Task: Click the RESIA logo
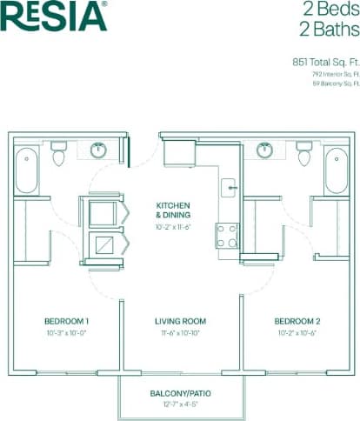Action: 54,17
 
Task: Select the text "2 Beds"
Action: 331,10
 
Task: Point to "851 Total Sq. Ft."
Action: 326,63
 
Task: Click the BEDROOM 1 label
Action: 68,321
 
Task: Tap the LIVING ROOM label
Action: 180,321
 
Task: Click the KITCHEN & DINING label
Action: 173,210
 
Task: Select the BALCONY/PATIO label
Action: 180,393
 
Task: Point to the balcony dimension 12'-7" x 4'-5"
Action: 180,404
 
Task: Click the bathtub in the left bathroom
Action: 27,170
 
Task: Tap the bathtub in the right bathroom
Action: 336,170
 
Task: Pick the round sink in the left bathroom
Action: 98,150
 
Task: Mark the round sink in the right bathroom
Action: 264,150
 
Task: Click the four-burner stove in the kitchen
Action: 227,236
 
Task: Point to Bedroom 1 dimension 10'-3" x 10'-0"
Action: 68,333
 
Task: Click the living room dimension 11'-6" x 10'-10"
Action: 180,333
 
